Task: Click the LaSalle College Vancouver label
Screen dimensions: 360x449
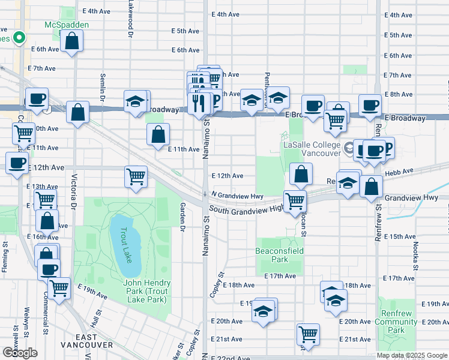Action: pyautogui.click(x=312, y=148)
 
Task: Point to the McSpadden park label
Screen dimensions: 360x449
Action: pyautogui.click(x=66, y=25)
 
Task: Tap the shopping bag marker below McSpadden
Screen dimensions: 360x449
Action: pyautogui.click(x=71, y=41)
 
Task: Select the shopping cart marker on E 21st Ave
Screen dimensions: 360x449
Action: pyautogui.click(x=308, y=334)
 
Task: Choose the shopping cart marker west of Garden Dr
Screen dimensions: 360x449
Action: pyautogui.click(x=136, y=176)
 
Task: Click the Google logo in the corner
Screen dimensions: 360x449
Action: pyautogui.click(x=20, y=352)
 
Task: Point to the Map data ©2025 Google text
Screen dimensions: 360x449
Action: pyautogui.click(x=412, y=355)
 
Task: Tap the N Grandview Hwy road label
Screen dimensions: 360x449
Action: pyautogui.click(x=237, y=196)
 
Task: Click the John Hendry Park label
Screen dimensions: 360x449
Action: pyautogui.click(x=146, y=287)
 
